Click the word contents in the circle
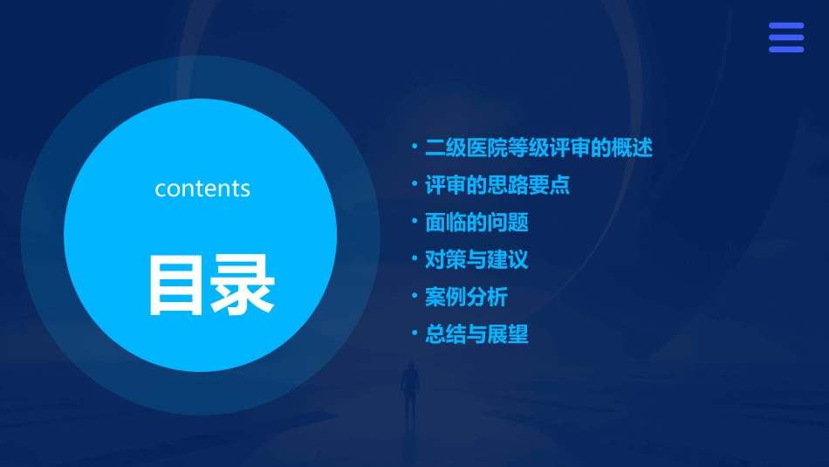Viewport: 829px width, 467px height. pos(202,189)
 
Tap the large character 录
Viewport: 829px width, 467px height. pos(242,285)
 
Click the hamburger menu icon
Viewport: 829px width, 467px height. pos(785,38)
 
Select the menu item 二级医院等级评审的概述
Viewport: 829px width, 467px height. pos(538,148)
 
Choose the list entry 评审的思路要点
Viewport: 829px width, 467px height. pos(497,185)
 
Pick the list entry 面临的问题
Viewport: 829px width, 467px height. pos(476,223)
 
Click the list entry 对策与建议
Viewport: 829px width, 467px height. pos(476,259)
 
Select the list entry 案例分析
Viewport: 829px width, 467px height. pos(466,297)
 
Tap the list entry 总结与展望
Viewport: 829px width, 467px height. pos(476,334)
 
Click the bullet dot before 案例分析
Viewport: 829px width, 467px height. pos(415,296)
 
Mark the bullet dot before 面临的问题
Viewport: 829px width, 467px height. pos(415,222)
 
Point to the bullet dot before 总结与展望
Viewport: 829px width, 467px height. pos(415,333)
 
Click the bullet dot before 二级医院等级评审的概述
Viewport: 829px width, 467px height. pos(415,147)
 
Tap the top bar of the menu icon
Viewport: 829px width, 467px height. pos(785,26)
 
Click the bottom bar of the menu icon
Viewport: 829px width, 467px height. pos(785,49)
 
